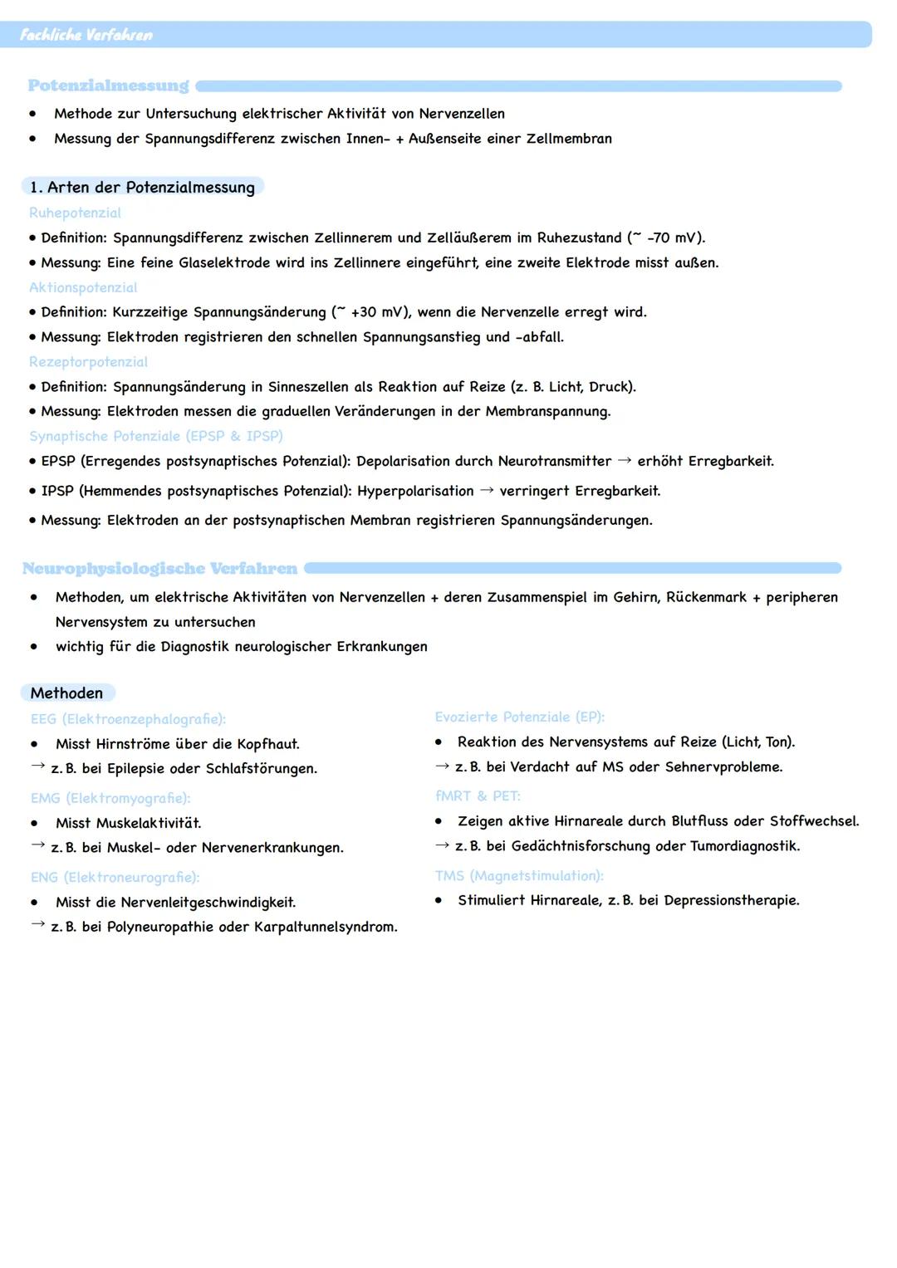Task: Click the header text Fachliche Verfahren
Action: [x=86, y=35]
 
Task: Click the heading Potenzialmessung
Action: [x=108, y=86]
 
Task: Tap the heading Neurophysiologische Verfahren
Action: [x=159, y=568]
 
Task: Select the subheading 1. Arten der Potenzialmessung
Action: [x=142, y=187]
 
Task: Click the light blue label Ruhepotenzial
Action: [x=75, y=213]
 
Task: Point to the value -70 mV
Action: [x=674, y=237]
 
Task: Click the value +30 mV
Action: [x=377, y=312]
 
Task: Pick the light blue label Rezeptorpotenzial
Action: [x=88, y=362]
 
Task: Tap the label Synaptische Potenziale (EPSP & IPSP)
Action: [x=156, y=436]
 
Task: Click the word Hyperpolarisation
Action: [x=415, y=491]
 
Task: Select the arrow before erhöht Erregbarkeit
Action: [x=624, y=461]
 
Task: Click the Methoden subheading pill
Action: [x=66, y=693]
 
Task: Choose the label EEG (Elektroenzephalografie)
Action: [x=128, y=719]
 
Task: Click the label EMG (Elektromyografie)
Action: [x=110, y=798]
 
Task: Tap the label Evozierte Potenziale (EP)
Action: [x=519, y=717]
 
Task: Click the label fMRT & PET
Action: [x=478, y=796]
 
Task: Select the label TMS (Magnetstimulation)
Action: [x=519, y=875]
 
